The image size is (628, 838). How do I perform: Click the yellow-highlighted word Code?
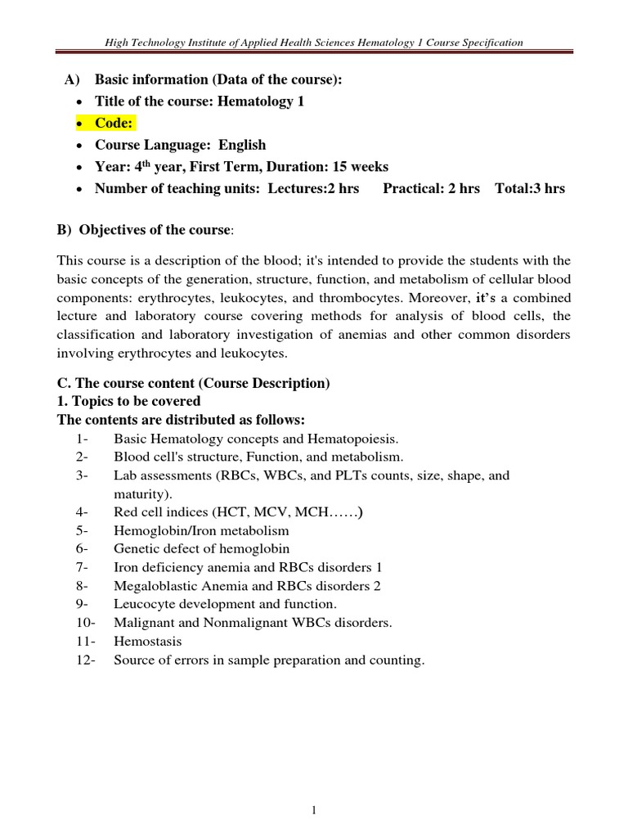coord(115,123)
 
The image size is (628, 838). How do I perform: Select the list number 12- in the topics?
coord(82,660)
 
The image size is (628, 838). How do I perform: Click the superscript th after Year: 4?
coord(138,163)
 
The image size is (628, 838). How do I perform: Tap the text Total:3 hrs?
coord(530,188)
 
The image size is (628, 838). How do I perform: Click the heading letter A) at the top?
coord(71,79)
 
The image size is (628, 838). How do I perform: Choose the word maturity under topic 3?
coord(138,493)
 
